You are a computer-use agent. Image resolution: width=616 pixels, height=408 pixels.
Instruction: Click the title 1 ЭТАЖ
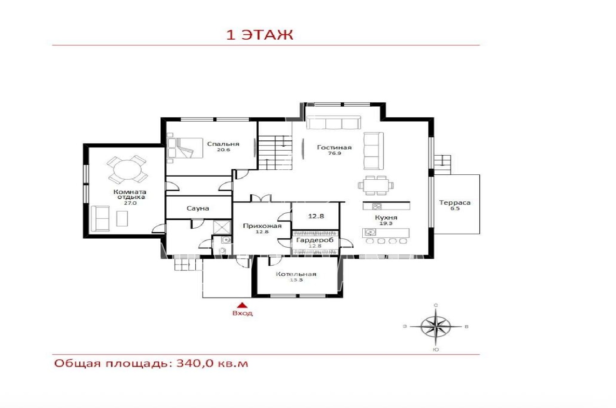click(x=259, y=35)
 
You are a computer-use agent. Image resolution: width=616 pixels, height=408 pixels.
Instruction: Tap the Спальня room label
click(x=223, y=144)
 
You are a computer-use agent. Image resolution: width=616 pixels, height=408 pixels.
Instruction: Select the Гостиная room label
click(x=334, y=147)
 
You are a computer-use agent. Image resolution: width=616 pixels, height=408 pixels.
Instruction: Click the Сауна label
click(x=198, y=208)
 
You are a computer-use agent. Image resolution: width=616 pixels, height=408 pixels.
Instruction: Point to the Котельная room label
click(x=296, y=274)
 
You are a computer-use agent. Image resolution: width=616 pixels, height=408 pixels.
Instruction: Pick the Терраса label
click(x=455, y=202)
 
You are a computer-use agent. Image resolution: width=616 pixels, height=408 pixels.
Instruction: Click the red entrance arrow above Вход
click(x=242, y=304)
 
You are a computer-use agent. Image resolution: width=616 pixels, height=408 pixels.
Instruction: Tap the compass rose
click(x=435, y=327)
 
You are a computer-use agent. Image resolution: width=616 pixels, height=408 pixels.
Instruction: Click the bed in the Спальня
click(x=185, y=148)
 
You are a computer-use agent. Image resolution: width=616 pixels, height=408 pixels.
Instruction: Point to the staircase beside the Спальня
click(x=275, y=152)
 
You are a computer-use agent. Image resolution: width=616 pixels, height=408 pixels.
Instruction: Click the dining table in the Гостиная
click(x=376, y=185)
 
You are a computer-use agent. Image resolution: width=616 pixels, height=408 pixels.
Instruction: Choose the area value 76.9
click(x=335, y=154)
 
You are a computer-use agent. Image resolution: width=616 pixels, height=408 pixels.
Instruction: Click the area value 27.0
click(x=130, y=203)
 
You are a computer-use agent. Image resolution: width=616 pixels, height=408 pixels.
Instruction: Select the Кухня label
click(x=386, y=217)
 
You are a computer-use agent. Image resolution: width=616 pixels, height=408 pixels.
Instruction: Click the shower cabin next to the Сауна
click(x=222, y=227)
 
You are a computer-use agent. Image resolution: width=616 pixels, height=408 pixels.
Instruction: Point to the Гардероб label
click(x=315, y=240)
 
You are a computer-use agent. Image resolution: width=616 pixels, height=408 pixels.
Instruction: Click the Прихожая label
click(x=262, y=226)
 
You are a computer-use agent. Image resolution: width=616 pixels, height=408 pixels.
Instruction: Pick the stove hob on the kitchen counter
click(x=377, y=206)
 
